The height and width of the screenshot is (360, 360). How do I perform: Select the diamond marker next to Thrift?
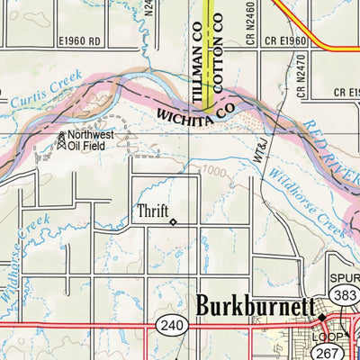point(173,220)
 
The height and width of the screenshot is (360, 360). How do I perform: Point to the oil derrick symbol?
point(61,139)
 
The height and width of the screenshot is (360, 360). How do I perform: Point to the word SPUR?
point(342,279)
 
